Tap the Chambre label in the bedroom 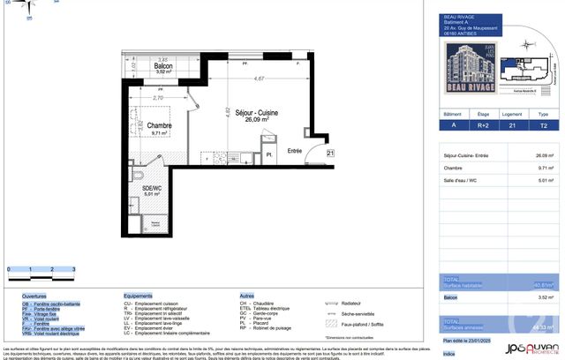pyautogui.click(x=159, y=125)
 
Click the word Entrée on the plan pyautogui.click(x=295, y=151)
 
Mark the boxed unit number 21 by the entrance pyautogui.click(x=329, y=154)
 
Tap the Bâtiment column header pyautogui.click(x=452, y=114)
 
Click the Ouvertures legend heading pyautogui.click(x=35, y=296)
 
